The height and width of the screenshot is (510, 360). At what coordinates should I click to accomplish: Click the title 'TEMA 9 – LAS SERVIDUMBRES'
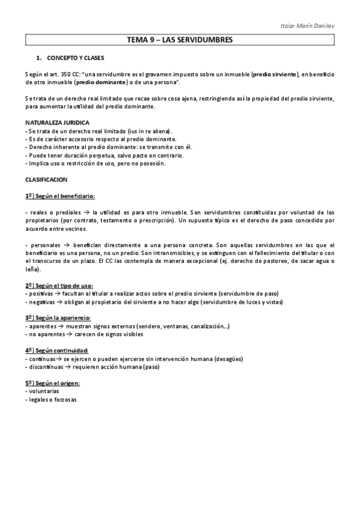pyautogui.click(x=180, y=40)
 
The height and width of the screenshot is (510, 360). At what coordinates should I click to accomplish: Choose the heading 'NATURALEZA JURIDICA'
pyautogui.click(x=57, y=123)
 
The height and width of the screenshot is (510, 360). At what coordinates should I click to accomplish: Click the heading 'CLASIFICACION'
pyautogui.click(x=46, y=180)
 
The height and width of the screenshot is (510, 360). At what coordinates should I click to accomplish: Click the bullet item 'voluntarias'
pyautogui.click(x=43, y=392)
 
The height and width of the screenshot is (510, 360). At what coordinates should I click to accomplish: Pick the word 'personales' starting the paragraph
pyautogui.click(x=43, y=245)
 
